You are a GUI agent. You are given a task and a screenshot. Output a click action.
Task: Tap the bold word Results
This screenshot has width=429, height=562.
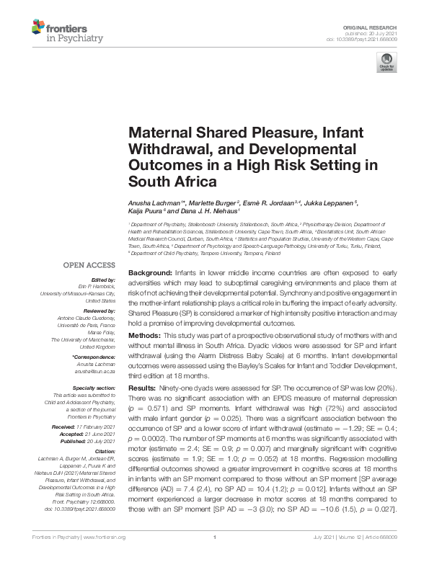click(143, 388)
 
